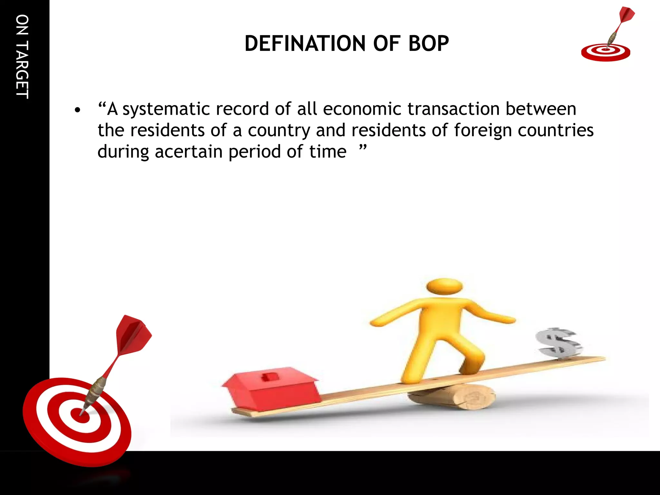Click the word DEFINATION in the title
(x=305, y=44)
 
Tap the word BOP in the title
(x=428, y=44)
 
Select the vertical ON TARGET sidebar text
(x=22, y=57)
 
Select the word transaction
(x=453, y=109)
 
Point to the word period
(x=255, y=152)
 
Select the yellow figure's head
(x=444, y=286)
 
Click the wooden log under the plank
(x=458, y=397)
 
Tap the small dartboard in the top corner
(x=606, y=52)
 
